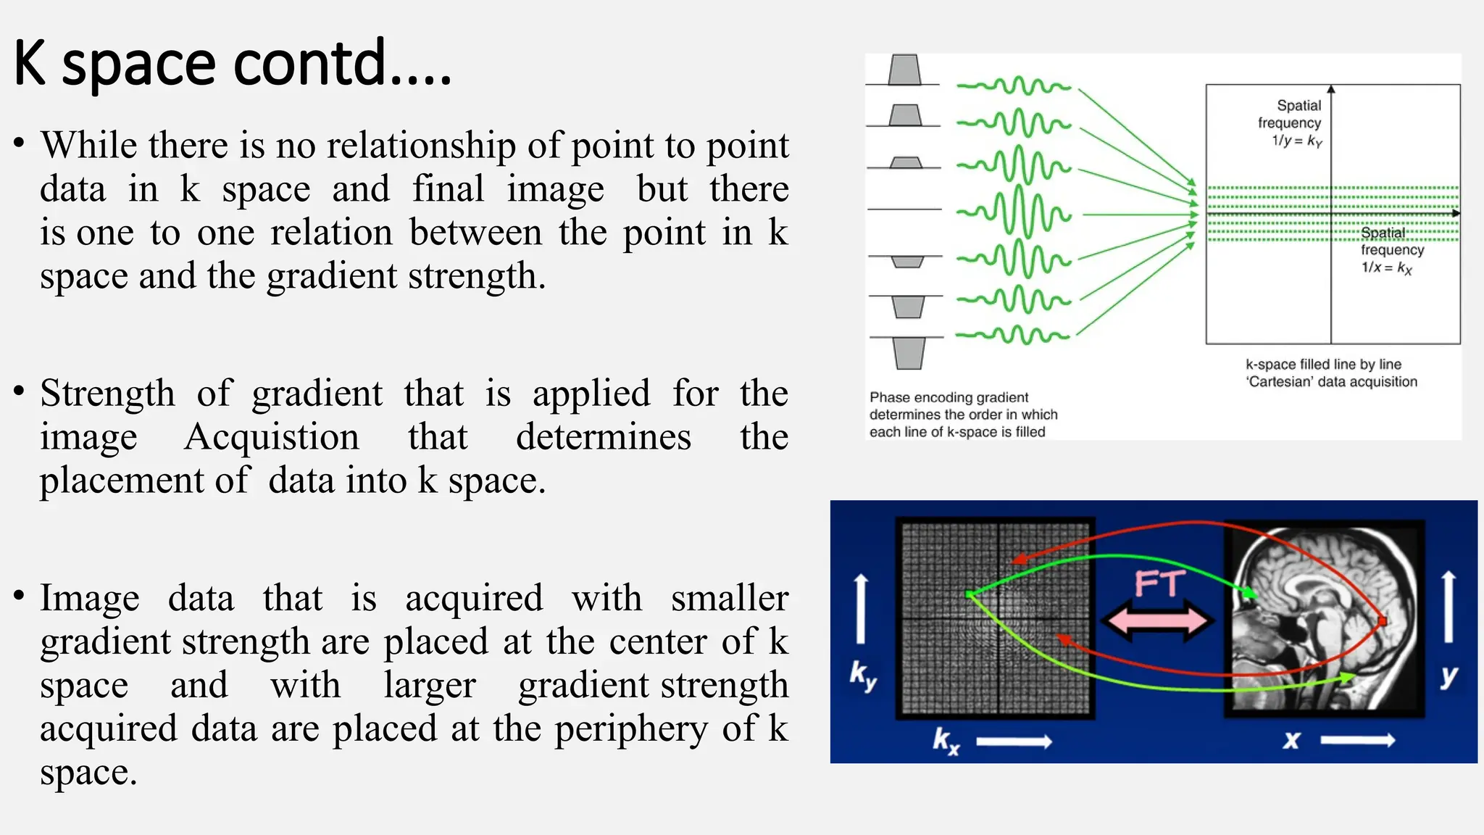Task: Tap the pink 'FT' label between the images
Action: [1159, 584]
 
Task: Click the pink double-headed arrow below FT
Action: [1157, 620]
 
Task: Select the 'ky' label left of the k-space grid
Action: [862, 676]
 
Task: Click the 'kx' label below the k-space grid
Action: [946, 741]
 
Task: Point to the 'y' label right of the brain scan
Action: [1448, 676]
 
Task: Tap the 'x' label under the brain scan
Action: [1291, 741]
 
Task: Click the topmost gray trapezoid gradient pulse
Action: [904, 70]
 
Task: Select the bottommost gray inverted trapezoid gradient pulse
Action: [909, 354]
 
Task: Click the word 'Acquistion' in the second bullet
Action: [272, 437]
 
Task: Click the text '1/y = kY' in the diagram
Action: [1296, 141]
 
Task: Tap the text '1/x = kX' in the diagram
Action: [1385, 267]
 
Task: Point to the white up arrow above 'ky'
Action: [860, 609]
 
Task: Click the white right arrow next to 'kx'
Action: [1014, 741]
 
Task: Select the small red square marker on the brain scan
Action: [1382, 621]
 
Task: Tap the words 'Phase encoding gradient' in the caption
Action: [949, 397]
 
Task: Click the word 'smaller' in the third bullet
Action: [729, 599]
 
